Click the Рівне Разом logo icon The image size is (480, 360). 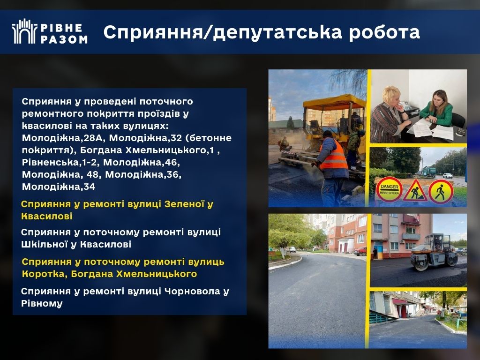coord(24,31)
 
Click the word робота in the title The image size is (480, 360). coord(384,32)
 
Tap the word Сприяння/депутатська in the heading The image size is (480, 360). coord(222,32)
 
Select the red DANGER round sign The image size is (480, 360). coord(389,190)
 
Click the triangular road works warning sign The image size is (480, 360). coord(415,191)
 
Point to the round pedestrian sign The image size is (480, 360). coord(441,192)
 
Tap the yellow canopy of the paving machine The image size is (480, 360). coord(334,102)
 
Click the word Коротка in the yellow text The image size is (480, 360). coord(45,274)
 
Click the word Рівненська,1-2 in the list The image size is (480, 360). coord(60,162)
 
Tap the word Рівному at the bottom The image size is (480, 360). coord(42,304)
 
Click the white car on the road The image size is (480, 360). coord(448,175)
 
